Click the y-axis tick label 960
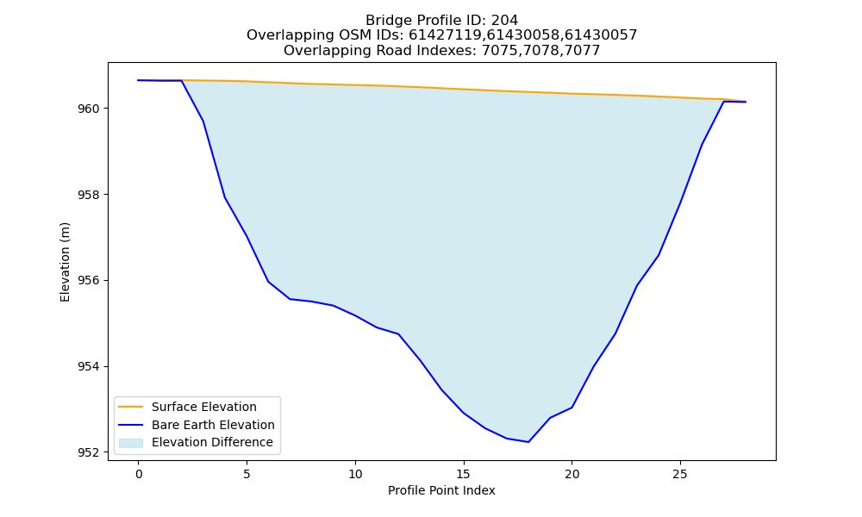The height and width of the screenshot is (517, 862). (89, 109)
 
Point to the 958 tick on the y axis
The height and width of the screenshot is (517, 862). (89, 195)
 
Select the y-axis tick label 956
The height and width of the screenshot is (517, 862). (89, 281)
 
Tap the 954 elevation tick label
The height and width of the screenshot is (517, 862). (89, 366)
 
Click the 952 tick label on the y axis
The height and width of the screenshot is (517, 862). (89, 452)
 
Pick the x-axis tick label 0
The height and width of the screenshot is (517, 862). (139, 474)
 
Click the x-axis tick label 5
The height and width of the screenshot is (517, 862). (247, 474)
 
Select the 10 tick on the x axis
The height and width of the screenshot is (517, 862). (355, 474)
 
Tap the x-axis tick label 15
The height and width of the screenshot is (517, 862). (464, 474)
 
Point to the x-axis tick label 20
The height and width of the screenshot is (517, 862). (572, 474)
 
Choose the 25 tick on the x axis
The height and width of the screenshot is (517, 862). (680, 474)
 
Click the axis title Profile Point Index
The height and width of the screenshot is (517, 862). (441, 490)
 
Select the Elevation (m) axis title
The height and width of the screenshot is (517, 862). (65, 262)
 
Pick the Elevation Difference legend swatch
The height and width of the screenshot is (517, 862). (131, 443)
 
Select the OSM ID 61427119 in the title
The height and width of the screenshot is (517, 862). (445, 35)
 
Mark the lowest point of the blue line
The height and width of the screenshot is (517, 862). (528, 442)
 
